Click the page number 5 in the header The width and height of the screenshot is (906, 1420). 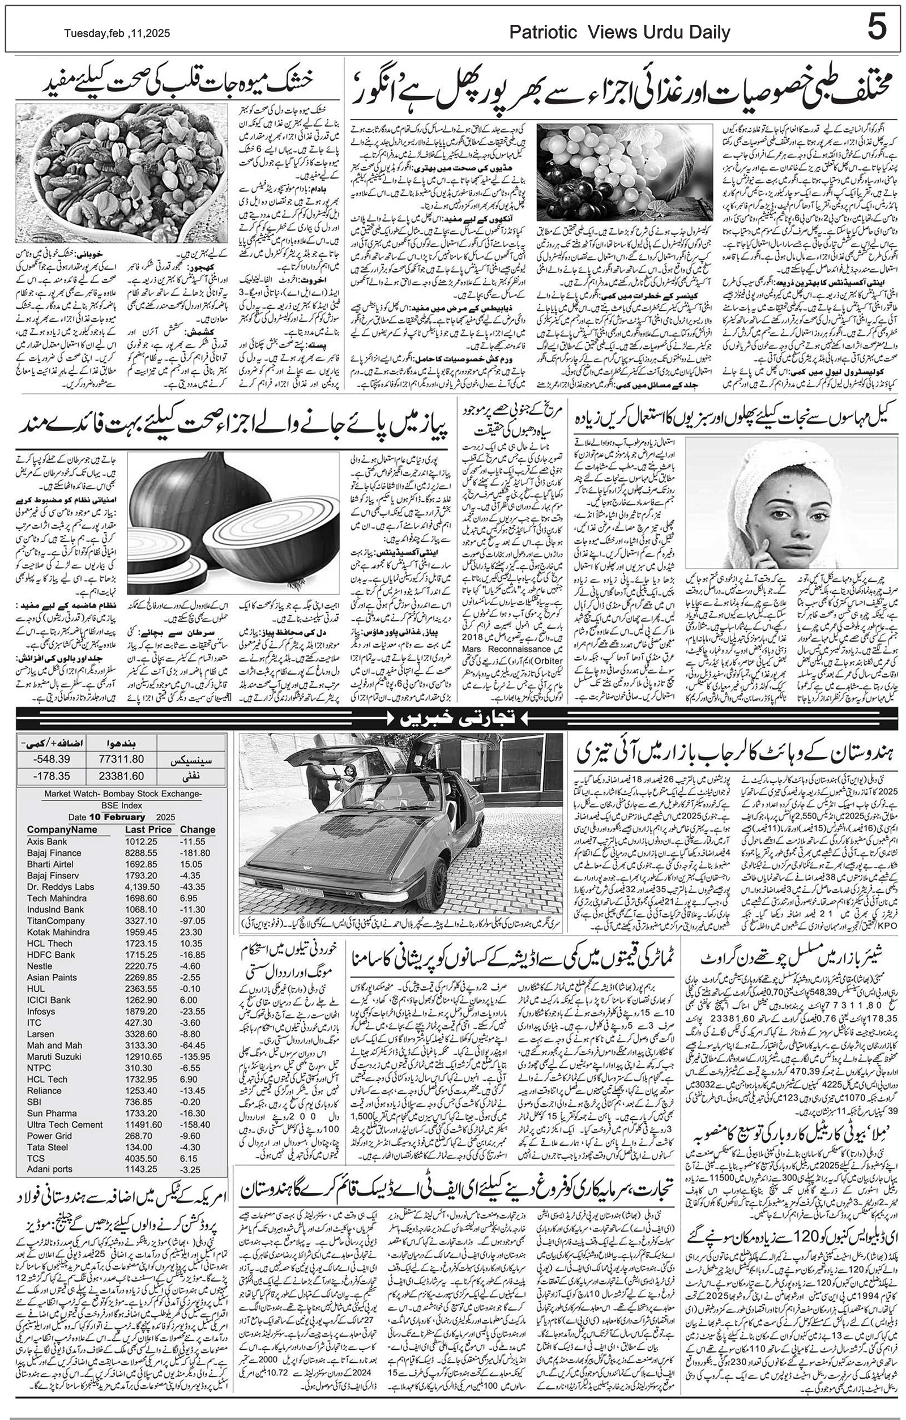click(877, 28)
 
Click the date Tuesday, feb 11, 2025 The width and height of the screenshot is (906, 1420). click(117, 33)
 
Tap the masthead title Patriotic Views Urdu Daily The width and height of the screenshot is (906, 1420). click(619, 33)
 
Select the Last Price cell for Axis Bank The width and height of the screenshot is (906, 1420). click(141, 842)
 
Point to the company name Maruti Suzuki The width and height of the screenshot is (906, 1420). click(54, 1056)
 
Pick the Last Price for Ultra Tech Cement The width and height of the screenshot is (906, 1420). click(143, 1124)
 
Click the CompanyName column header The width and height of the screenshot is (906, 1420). click(62, 830)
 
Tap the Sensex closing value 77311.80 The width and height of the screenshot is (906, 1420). click(122, 759)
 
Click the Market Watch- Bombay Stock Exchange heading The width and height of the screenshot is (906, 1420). click(123, 794)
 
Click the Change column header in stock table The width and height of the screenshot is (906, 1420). click(198, 830)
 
